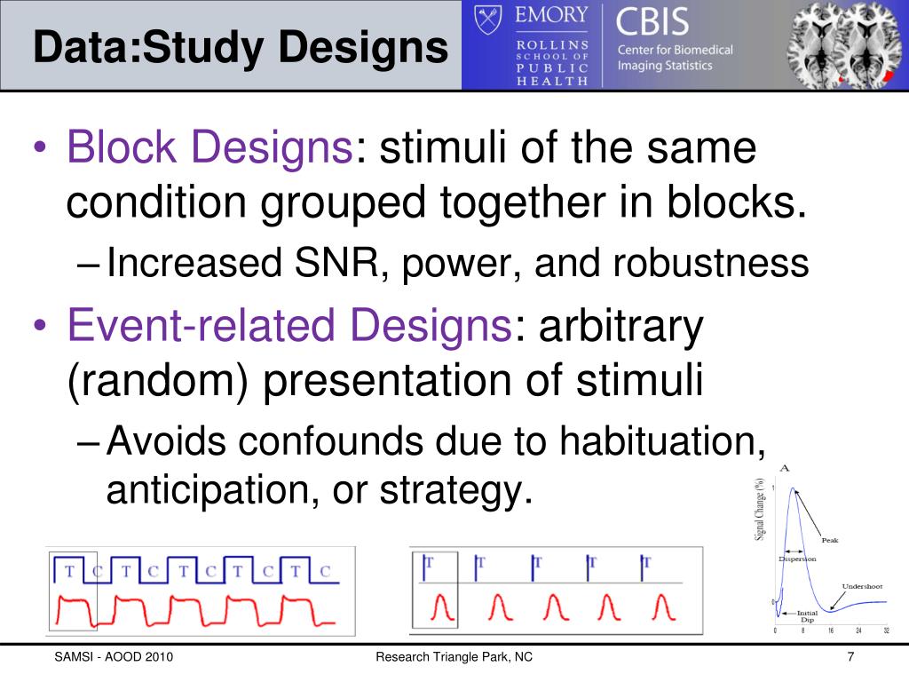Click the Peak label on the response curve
tap(829, 540)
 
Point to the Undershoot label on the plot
tap(862, 586)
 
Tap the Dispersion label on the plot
tap(797, 559)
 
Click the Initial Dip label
tap(807, 615)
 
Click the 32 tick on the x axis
tap(886, 630)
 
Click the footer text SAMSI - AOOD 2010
tap(114, 657)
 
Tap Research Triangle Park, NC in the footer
tap(454, 657)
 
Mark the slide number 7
tap(850, 657)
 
